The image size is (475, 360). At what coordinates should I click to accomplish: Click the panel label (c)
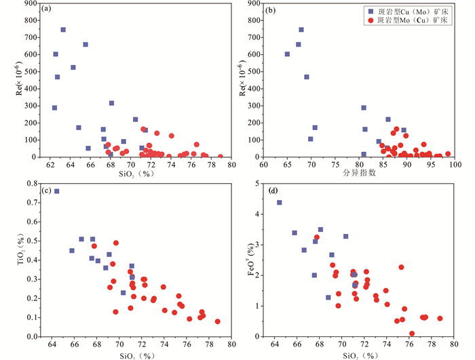[46, 191]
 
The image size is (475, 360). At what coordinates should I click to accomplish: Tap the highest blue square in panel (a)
[63, 30]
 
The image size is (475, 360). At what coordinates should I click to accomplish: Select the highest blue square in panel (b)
[301, 30]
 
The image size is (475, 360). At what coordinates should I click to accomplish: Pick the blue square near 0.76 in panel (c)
[57, 191]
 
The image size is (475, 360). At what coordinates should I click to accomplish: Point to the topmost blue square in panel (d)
[280, 203]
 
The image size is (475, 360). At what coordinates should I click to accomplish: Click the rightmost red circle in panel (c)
[218, 321]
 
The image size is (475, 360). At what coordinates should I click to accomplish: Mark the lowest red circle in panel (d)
[412, 334]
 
